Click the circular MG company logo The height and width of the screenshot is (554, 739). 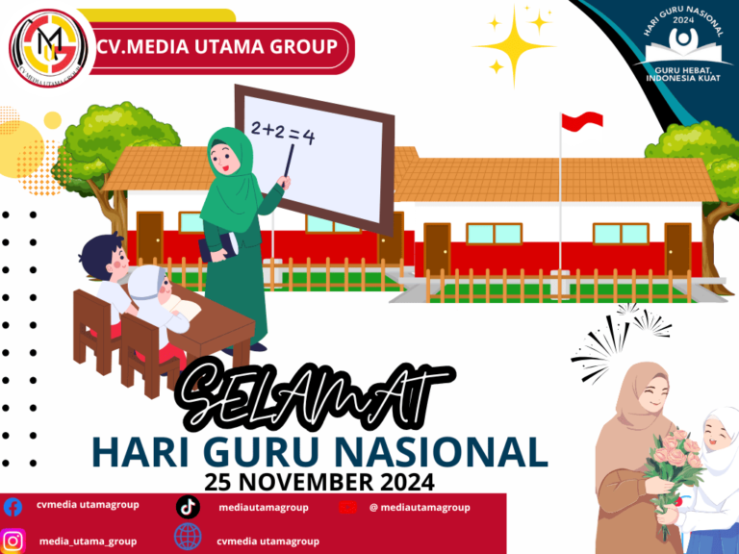pos(49,45)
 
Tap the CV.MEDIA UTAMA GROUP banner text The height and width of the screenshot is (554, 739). pos(217,45)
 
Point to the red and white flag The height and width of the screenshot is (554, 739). pos(583,121)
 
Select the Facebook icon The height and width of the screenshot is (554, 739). pos(13,507)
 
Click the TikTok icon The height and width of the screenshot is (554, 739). pos(189,507)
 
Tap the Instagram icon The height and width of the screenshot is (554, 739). pos(13,541)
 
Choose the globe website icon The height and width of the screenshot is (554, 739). pos(189,539)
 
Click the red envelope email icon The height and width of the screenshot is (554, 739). pos(348,507)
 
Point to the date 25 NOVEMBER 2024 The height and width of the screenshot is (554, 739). pos(319,478)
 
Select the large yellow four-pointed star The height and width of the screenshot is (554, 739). pos(516,43)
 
